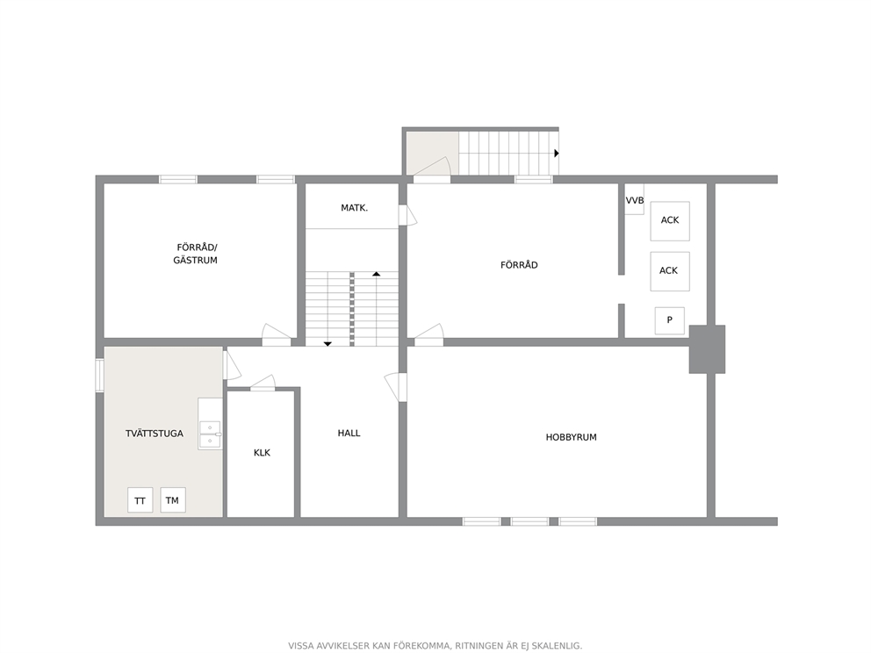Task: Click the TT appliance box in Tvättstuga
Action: click(140, 500)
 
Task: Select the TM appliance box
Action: click(173, 499)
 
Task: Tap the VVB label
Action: click(634, 200)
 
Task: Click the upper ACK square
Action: click(670, 221)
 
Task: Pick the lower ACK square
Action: click(670, 271)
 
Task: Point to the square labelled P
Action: click(669, 320)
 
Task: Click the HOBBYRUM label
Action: click(571, 438)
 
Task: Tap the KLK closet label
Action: click(262, 453)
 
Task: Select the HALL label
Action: click(349, 433)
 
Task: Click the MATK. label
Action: click(355, 208)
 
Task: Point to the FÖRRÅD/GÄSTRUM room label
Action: click(196, 254)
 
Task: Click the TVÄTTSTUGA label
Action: click(155, 434)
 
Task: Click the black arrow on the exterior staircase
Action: click(557, 154)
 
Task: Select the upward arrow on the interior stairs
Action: click(376, 274)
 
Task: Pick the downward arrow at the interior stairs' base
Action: click(328, 344)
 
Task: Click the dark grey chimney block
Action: click(707, 349)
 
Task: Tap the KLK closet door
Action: click(263, 383)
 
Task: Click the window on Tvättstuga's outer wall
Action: click(99, 376)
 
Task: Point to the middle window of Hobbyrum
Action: click(529, 521)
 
